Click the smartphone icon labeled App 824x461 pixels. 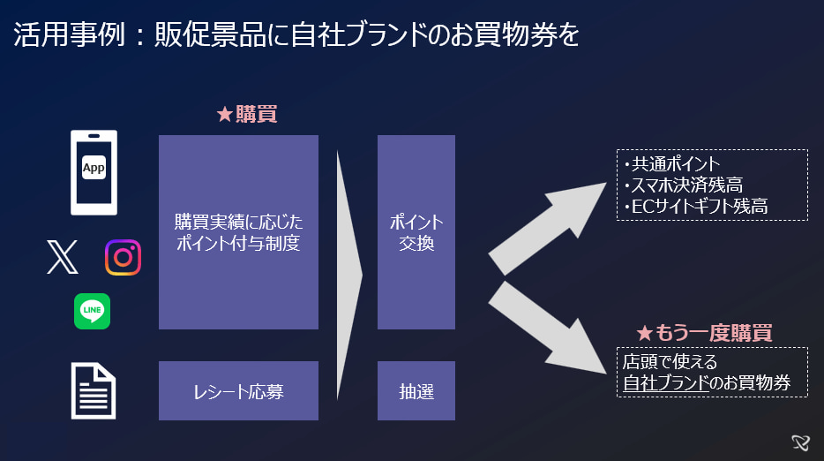(x=94, y=172)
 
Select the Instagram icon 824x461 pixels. (x=124, y=257)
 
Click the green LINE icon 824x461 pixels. (x=93, y=311)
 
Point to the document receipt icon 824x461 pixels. (x=94, y=390)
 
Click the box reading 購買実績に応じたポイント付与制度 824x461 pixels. (x=238, y=232)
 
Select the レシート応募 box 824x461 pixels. (x=238, y=390)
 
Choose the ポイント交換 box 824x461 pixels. (x=416, y=232)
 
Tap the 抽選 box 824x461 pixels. (x=416, y=390)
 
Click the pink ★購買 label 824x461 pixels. (x=247, y=115)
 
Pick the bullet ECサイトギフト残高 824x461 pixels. (x=698, y=207)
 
